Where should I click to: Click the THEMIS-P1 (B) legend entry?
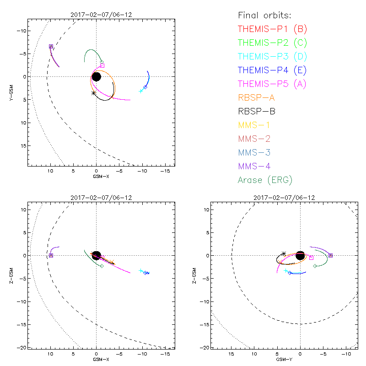point(272,29)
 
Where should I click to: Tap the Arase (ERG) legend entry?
point(265,180)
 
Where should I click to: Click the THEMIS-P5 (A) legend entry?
point(272,84)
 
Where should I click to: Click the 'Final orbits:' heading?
point(263,15)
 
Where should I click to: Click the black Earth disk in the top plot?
point(96,76)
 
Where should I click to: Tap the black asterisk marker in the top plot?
point(94,93)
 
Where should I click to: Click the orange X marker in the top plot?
point(112,97)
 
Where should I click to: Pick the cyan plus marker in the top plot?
point(141,91)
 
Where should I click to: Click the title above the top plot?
point(96,15)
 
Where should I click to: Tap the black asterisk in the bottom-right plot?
point(284,253)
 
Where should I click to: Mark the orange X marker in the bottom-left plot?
point(111,262)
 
